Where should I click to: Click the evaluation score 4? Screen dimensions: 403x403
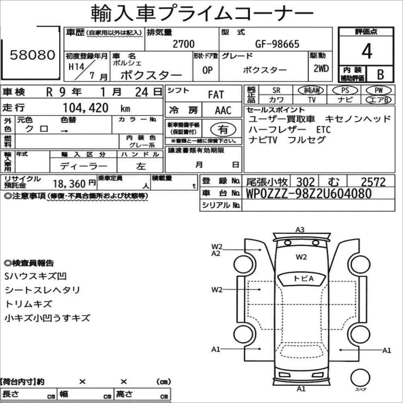point(366,51)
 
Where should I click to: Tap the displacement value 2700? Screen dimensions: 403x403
point(183,44)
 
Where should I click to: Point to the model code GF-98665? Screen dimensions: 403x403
point(278,44)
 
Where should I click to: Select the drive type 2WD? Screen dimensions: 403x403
point(321,68)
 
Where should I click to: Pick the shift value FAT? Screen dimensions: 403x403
point(216,95)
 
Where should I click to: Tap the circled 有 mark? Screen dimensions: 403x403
point(222,129)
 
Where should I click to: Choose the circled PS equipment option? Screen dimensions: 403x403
point(343,90)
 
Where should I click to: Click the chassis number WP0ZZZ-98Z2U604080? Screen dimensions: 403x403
point(308,194)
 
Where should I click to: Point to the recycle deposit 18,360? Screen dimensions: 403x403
point(70,184)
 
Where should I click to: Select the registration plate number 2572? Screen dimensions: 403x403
point(373,182)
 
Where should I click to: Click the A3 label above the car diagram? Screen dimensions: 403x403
point(300,230)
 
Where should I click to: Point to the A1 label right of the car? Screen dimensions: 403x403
point(387,350)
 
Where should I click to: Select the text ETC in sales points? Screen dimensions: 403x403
point(323,130)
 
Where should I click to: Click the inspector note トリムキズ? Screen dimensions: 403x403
point(29,304)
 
